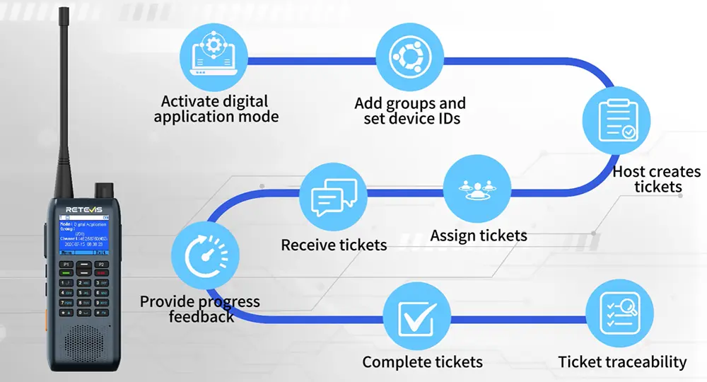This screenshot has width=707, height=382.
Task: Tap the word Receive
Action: (309, 245)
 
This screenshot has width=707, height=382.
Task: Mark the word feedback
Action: (201, 316)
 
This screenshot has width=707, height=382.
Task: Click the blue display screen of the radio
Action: (83, 236)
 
